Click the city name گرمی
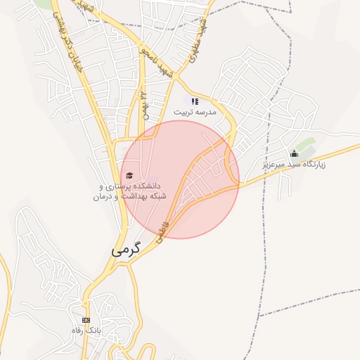pyautogui.click(x=126, y=249)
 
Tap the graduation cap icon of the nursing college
pyautogui.click(x=129, y=175)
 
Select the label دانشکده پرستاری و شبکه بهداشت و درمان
pyautogui.click(x=127, y=191)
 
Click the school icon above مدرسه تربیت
pyautogui.click(x=195, y=101)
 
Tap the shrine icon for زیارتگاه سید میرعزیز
pyautogui.click(x=294, y=153)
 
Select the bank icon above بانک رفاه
pyautogui.click(x=86, y=320)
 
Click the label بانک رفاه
pyautogui.click(x=86, y=330)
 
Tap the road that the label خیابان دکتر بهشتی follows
pyautogui.click(x=84, y=70)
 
